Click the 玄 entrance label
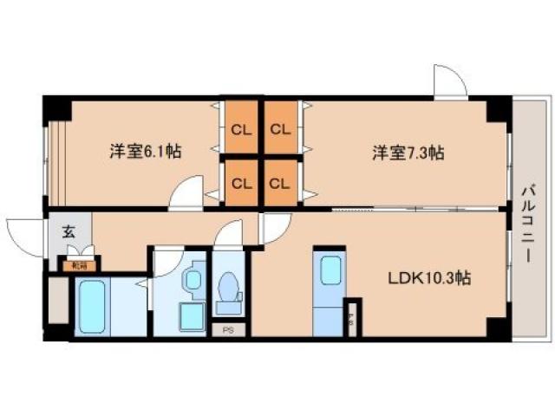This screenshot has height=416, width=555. [x=68, y=231]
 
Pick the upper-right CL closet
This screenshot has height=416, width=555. [x=279, y=130]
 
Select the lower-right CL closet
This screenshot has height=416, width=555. [x=279, y=183]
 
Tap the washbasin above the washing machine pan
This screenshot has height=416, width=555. [x=192, y=279]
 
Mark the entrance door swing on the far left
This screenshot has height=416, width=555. [x=24, y=232]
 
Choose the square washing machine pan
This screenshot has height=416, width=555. [x=188, y=318]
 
